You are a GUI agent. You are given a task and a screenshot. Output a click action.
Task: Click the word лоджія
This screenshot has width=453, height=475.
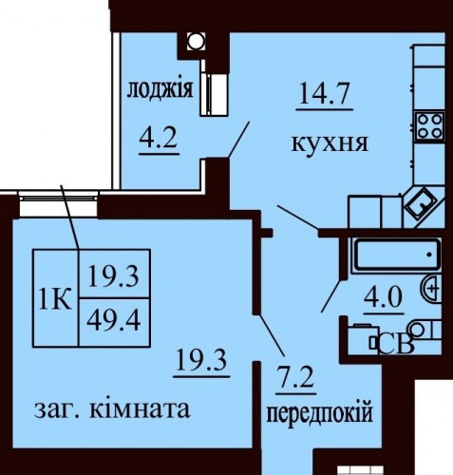click(x=160, y=89)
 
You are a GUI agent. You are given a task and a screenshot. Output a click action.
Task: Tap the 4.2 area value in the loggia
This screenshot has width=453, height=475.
click(x=158, y=139)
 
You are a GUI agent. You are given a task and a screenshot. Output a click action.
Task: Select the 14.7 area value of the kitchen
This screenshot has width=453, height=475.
click(x=325, y=93)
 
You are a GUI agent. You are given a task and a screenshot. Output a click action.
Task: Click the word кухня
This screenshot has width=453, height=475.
click(x=330, y=143)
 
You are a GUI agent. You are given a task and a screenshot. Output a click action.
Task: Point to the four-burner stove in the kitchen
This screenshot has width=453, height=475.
click(x=429, y=126)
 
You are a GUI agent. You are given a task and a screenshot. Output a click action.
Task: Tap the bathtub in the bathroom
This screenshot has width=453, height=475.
click(x=397, y=255)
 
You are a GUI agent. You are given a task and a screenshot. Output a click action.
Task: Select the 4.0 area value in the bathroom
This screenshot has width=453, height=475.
click(x=383, y=297)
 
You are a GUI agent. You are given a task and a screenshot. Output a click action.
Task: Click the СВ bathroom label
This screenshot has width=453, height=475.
click(x=396, y=345)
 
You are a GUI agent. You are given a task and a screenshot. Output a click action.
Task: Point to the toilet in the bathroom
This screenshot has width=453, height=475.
click(x=425, y=330)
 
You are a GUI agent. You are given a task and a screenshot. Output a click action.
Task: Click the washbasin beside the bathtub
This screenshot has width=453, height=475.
click(x=431, y=289)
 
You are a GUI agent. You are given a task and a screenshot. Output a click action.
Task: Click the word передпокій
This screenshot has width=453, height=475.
click(x=319, y=413)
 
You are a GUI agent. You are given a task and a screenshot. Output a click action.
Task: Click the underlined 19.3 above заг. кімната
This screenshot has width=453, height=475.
click(x=201, y=360)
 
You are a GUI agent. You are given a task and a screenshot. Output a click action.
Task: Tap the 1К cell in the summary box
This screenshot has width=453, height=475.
click(x=55, y=298)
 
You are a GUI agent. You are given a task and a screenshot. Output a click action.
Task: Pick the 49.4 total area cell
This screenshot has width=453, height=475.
click(x=114, y=322)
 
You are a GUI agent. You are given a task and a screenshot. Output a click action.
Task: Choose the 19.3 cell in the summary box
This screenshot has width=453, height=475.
click(x=114, y=275)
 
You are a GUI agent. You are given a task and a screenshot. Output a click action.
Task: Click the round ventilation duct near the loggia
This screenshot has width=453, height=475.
click(x=196, y=41)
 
